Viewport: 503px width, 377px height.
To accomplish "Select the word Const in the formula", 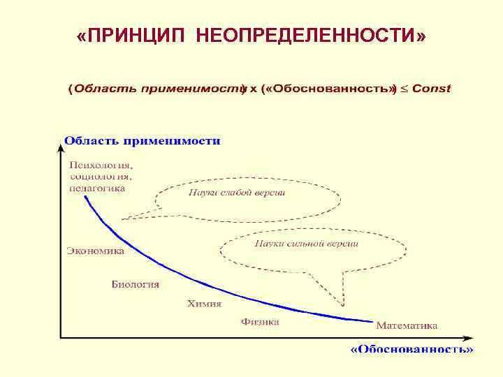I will pos(432,89).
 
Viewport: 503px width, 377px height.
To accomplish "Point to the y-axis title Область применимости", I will pos(143,141).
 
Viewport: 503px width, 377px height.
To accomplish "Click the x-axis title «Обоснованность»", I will pos(411,348).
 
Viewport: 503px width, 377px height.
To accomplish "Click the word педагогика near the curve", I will pos(97,188).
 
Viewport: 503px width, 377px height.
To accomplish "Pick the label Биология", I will pos(136,284).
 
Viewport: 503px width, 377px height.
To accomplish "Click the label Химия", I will pos(204,304).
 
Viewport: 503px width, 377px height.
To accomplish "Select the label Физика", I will pos(260,322).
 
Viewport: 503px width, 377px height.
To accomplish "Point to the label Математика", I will pos(407,325).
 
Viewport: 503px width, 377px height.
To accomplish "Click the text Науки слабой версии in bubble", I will pos(236,193).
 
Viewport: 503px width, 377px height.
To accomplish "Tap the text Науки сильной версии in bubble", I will pos(307,244).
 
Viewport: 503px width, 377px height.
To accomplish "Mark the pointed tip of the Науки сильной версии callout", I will pos(343,304).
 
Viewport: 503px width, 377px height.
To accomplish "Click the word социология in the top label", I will pos(101,177).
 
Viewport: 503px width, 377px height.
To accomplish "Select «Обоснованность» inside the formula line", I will pos(328,89).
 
